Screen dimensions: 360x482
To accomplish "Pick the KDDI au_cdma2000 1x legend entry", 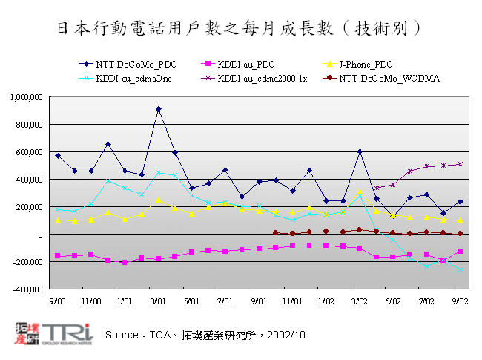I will coord(249,78).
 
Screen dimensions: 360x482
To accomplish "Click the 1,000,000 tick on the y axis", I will coord(27,97).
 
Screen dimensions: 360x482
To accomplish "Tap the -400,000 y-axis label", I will coord(28,289).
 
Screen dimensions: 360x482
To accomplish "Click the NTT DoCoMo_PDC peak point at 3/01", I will coord(158,109).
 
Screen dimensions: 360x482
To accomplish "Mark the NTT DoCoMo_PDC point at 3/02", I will coord(360,151).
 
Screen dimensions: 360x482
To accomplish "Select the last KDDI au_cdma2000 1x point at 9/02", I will coord(460,164).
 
